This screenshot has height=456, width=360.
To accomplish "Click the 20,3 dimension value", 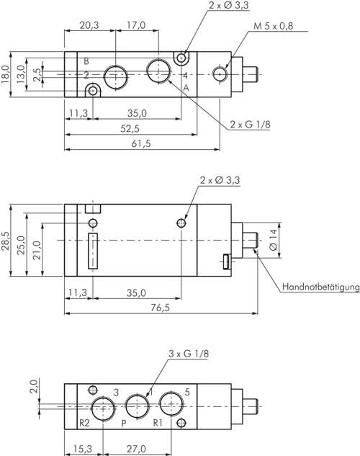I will click(x=89, y=25).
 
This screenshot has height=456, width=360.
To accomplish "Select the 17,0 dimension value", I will click(x=135, y=25).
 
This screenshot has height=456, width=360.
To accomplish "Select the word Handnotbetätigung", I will click(x=320, y=287).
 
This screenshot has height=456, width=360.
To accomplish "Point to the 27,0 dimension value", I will click(x=135, y=447).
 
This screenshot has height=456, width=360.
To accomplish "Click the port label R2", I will click(x=84, y=422).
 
